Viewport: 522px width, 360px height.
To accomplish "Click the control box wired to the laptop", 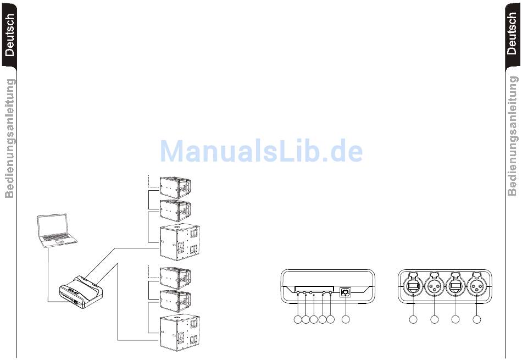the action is (x=81, y=292).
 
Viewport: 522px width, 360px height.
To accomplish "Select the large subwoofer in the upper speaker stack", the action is (x=180, y=242).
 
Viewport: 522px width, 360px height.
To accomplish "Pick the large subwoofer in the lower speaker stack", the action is (x=180, y=333).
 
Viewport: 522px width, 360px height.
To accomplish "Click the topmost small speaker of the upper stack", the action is (x=175, y=187).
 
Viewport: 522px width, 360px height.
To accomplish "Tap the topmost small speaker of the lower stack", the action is (x=175, y=278).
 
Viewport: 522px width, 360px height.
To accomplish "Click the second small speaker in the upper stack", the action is (x=175, y=210).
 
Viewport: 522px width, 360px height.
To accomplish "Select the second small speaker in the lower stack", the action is (x=175, y=301).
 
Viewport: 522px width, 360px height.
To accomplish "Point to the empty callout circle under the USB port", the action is (x=346, y=319).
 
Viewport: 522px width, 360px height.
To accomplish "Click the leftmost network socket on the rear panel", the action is (x=413, y=287).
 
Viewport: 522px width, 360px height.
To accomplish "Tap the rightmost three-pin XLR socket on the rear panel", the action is (x=477, y=287).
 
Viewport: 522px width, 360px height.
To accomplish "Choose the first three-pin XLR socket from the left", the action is (x=435, y=287).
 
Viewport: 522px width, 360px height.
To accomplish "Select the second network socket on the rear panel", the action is (x=456, y=287).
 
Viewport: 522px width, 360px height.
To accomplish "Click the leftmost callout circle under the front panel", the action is (x=298, y=319).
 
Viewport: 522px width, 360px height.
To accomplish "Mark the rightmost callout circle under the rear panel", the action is (x=477, y=319).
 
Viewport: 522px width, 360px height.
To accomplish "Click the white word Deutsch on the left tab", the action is (x=10, y=35).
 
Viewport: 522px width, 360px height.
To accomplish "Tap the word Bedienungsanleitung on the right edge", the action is (x=512, y=136).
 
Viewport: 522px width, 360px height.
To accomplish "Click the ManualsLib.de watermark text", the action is (x=262, y=151).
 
